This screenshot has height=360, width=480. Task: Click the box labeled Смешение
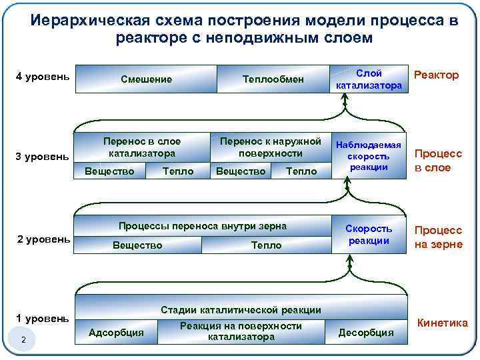tap(146, 79)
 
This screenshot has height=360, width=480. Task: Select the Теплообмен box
tap(273, 79)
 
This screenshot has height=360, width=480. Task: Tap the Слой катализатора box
tap(369, 79)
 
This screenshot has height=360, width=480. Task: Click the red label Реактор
tap(437, 75)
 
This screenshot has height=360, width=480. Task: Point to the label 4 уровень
tap(43, 77)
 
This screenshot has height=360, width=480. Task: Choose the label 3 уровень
tap(42, 157)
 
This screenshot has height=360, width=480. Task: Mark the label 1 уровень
tap(43, 318)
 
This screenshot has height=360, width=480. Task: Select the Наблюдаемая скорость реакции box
tap(369, 156)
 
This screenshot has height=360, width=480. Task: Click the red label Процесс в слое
tap(438, 161)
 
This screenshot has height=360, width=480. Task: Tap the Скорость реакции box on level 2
tap(369, 234)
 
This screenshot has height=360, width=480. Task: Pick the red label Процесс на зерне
tap(439, 237)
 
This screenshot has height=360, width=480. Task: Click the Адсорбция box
tap(116, 332)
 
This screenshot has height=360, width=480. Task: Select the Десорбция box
tap(366, 332)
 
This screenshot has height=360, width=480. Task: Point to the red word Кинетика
tap(442, 323)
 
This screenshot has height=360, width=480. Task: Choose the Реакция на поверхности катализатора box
tap(241, 331)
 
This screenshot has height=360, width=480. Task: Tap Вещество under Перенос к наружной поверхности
tap(241, 171)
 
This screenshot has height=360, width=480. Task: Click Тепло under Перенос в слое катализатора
tap(178, 171)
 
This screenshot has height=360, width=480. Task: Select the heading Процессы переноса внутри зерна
tap(202, 226)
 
